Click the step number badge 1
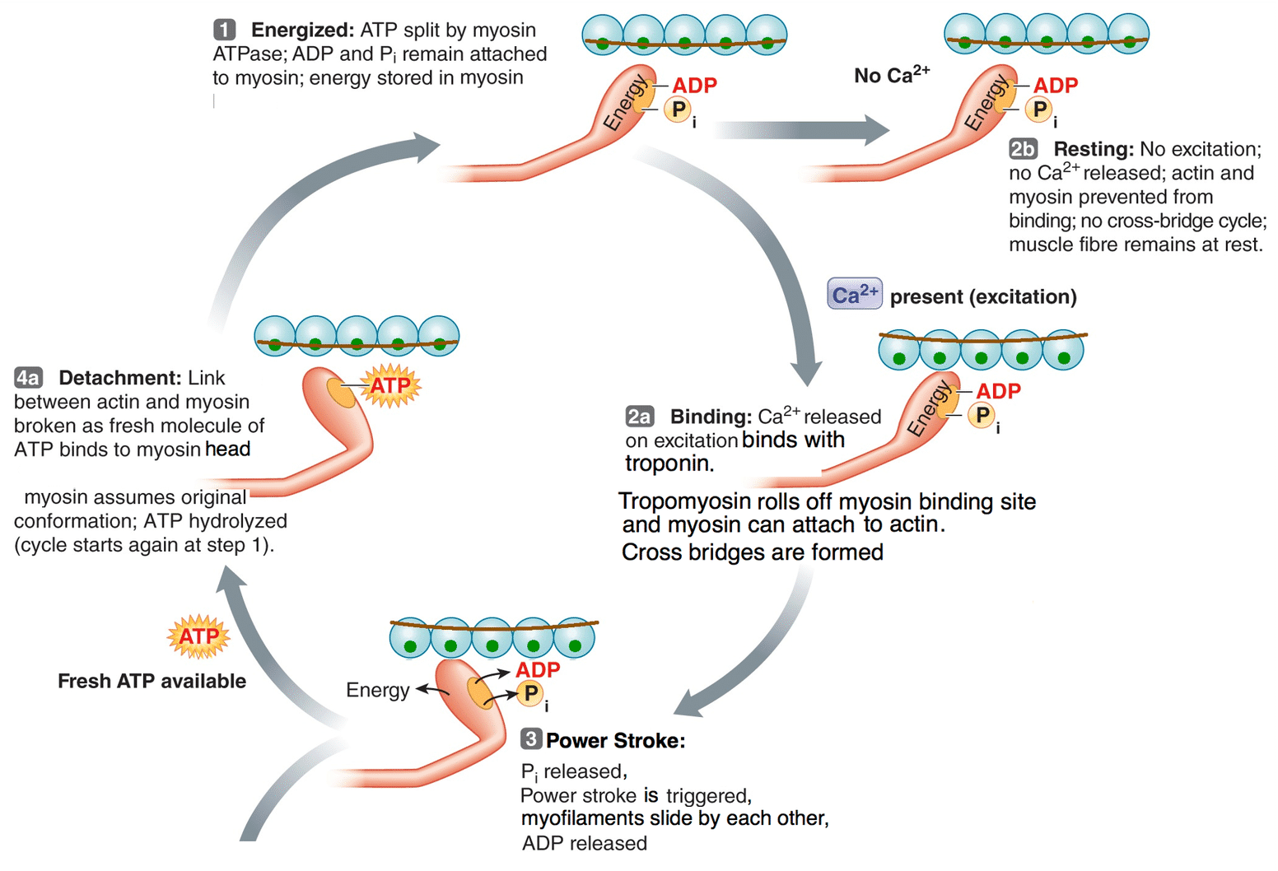pos(225,30)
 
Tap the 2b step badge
pos(1023,149)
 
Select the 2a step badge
pos(640,417)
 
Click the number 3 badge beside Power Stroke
pos(531,739)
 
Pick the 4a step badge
pos(28,378)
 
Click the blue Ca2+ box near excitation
pos(855,295)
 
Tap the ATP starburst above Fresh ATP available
pos(198,636)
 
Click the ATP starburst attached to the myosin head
pos(389,386)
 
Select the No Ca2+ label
pos(892,75)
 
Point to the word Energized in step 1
pos(302,30)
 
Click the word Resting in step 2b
pos(1094,149)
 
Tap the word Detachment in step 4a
pos(119,378)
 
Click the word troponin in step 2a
pos(669,463)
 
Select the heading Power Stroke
pos(615,740)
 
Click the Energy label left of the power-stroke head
pos(377,690)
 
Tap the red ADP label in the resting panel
pos(1056,86)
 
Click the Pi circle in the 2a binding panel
pos(982,416)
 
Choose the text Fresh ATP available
pos(152,681)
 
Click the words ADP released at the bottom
pos(585,843)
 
